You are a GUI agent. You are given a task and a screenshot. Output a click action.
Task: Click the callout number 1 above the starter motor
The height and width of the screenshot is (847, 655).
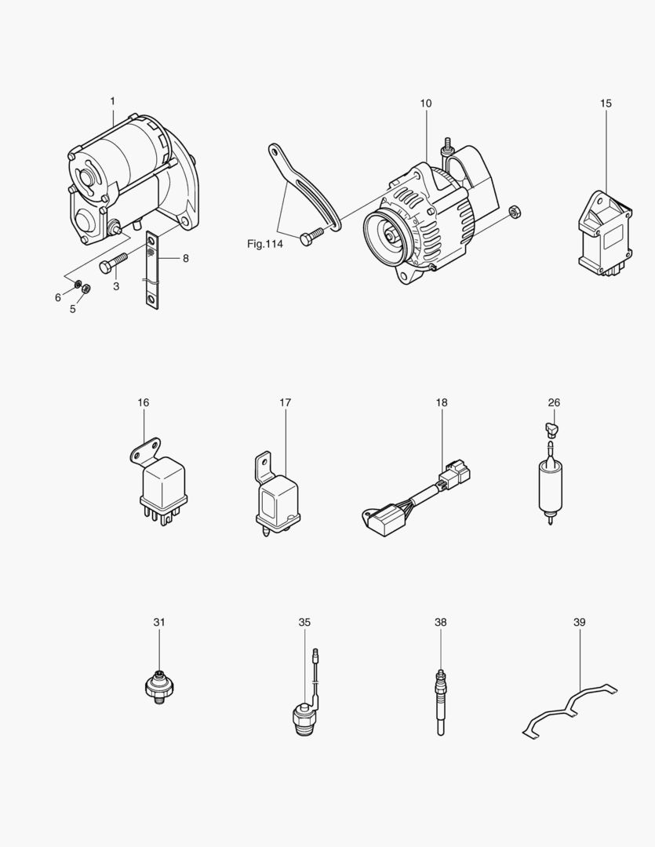point(112,101)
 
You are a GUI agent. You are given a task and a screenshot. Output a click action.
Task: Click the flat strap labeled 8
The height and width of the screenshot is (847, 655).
point(151,271)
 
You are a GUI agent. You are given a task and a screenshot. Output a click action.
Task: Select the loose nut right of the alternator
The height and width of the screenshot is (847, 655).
point(515,211)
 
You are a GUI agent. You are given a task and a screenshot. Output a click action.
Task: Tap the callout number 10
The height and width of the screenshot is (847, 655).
point(425,104)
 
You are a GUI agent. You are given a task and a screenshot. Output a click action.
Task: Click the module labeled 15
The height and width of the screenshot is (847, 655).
point(604,232)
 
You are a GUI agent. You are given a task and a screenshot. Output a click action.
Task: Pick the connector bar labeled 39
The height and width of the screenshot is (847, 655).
point(570,711)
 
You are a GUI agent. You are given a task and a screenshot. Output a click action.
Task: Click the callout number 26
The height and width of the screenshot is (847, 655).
point(554,403)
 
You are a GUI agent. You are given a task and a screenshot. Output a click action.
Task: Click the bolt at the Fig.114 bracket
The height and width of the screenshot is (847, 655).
point(310,234)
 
